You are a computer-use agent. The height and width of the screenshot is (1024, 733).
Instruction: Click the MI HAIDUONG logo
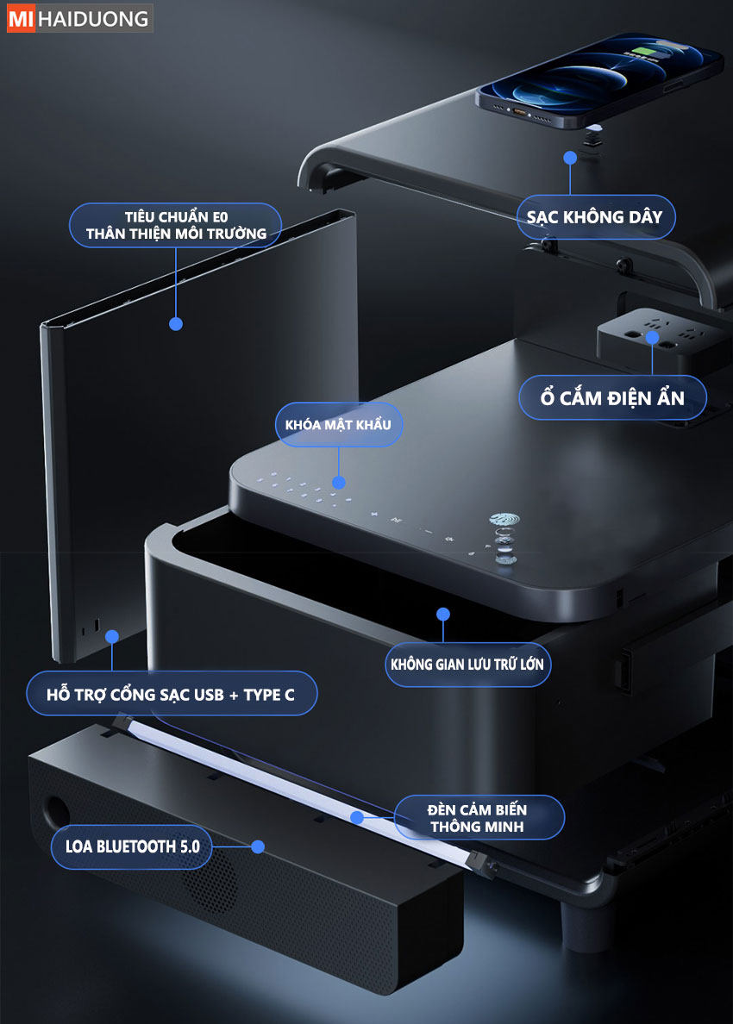tap(79, 18)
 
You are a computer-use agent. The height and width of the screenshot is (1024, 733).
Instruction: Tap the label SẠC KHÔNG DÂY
tap(595, 217)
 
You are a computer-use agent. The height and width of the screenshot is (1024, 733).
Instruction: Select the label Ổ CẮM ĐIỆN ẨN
tap(613, 397)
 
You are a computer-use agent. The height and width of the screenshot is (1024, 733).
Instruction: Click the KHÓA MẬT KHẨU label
tap(338, 424)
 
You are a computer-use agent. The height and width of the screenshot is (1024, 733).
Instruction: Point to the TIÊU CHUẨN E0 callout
tap(176, 225)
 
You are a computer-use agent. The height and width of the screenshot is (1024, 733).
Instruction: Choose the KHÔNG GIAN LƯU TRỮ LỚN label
tap(467, 665)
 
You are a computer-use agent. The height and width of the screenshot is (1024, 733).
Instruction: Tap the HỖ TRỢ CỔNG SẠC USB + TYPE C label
tap(171, 694)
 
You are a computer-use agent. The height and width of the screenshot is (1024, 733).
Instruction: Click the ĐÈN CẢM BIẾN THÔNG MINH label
tap(479, 818)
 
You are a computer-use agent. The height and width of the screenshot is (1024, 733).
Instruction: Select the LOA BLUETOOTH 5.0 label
tap(133, 847)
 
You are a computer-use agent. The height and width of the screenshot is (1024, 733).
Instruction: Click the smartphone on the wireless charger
tap(599, 78)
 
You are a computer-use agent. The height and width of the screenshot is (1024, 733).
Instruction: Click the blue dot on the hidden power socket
tap(652, 338)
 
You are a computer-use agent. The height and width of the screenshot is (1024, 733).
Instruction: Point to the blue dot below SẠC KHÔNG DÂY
tap(570, 158)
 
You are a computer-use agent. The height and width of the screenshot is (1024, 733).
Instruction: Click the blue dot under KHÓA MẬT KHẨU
tap(338, 483)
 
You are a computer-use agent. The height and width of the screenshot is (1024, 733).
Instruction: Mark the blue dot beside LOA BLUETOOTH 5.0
tap(258, 847)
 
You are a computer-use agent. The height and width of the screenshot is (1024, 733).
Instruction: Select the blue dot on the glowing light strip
tap(357, 817)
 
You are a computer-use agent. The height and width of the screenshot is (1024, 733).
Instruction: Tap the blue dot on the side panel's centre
tap(176, 324)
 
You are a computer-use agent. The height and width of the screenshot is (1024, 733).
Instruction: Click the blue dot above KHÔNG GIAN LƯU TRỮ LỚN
tap(443, 614)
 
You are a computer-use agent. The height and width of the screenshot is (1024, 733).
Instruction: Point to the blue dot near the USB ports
tap(112, 637)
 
